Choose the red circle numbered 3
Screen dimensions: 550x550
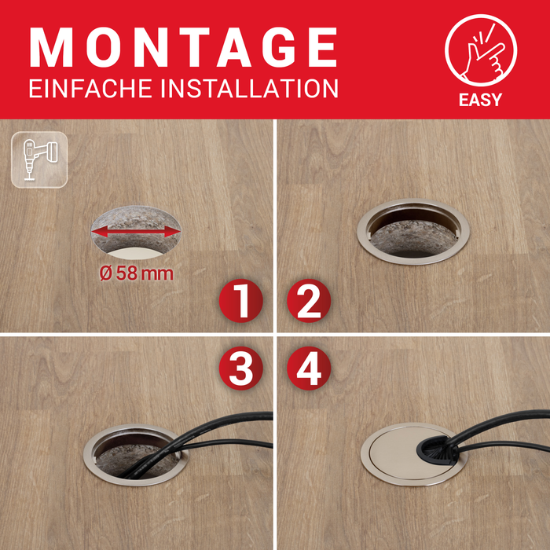(240, 367)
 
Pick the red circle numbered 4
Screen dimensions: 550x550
(309, 367)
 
